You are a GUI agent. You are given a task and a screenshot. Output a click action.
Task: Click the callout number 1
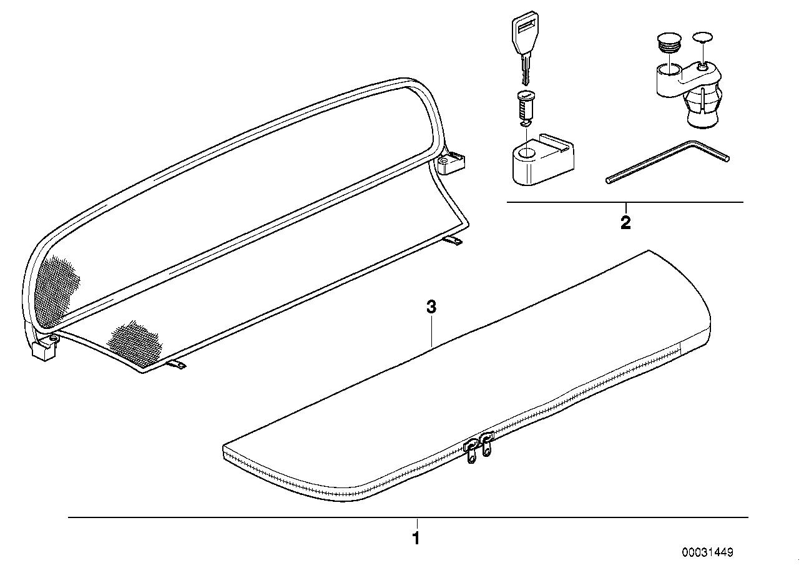click(x=416, y=538)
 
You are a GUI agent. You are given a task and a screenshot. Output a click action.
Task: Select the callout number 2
click(x=625, y=223)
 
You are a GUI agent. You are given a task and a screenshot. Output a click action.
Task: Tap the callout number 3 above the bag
click(x=431, y=307)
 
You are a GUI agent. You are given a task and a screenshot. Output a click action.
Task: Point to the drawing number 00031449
click(x=707, y=552)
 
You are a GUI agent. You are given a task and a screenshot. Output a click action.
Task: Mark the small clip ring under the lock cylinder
click(x=524, y=125)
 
